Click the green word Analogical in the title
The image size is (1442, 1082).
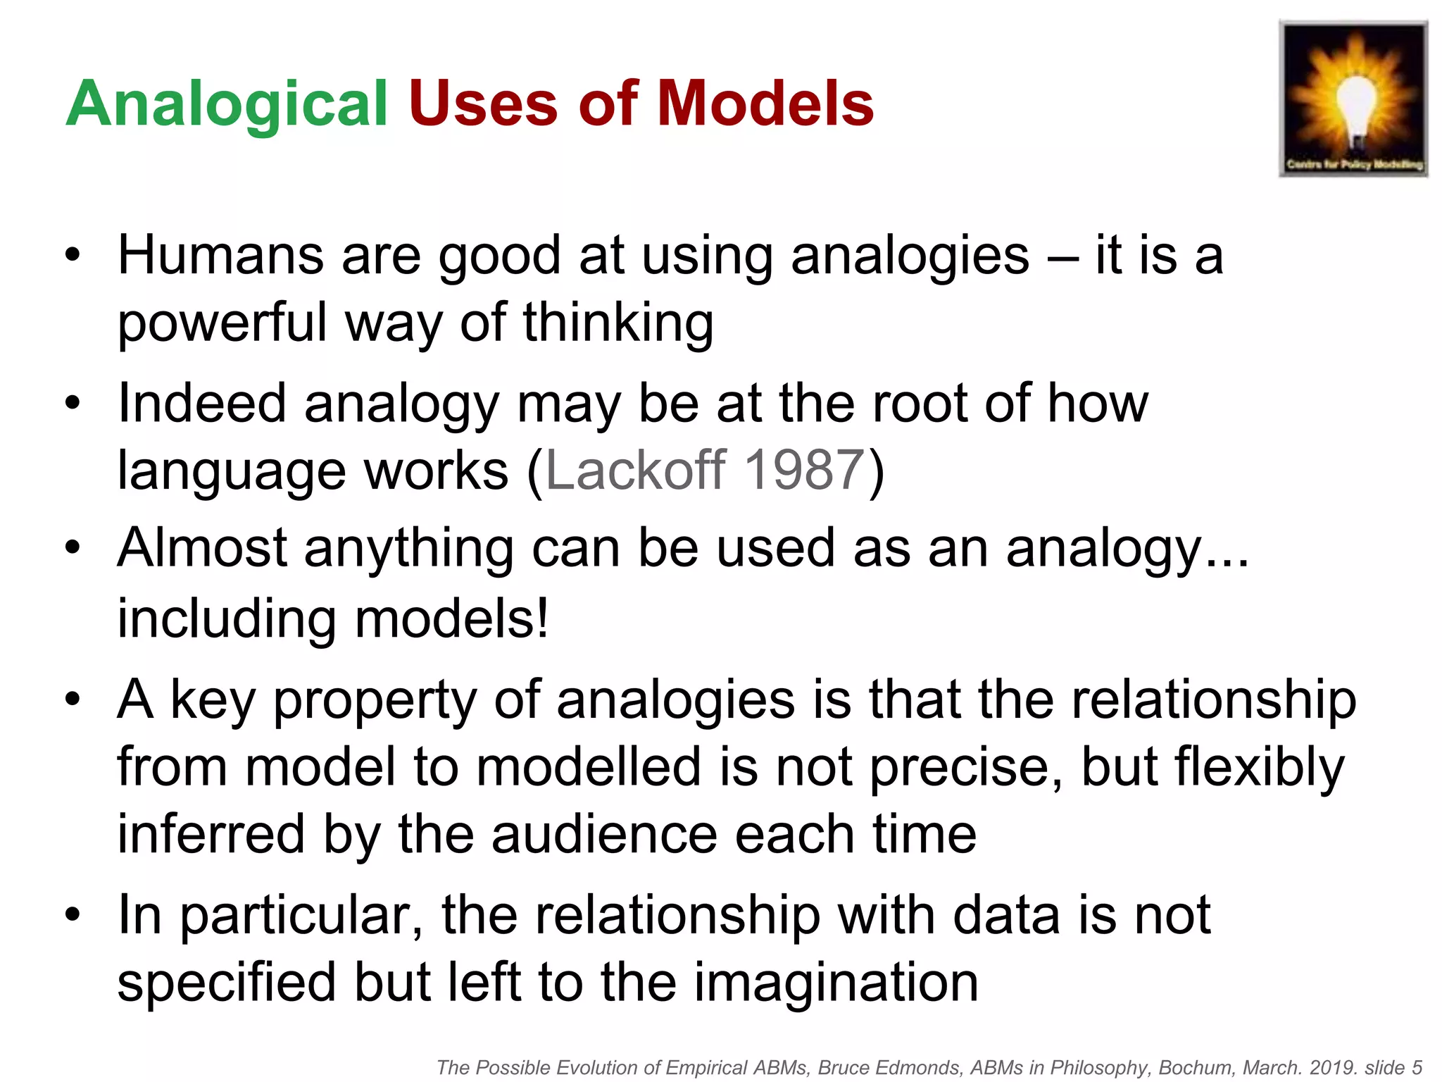pos(227,104)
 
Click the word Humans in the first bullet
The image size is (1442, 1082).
pos(220,255)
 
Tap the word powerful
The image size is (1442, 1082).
pos(222,323)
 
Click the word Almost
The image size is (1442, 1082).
pos(202,548)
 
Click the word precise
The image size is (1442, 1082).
pos(964,767)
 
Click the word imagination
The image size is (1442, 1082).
pos(836,982)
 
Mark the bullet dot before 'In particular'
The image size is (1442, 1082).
pos(73,914)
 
